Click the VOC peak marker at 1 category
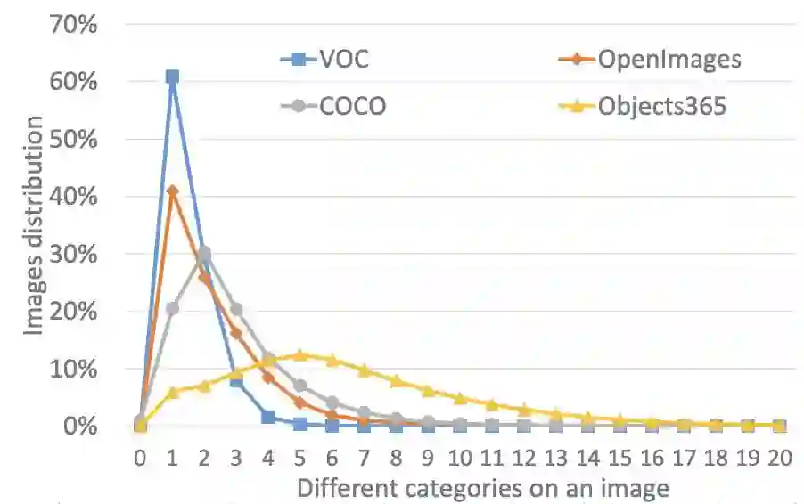[172, 77]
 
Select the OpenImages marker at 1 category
[172, 191]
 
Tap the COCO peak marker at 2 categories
[204, 254]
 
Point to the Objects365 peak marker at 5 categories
[300, 354]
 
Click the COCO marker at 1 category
[172, 308]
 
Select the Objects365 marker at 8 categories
[396, 381]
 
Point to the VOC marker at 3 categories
[236, 381]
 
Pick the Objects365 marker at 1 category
[172, 393]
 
